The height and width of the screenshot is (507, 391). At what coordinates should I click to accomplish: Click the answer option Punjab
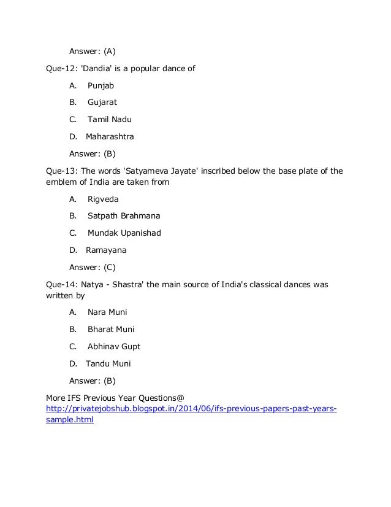click(101, 85)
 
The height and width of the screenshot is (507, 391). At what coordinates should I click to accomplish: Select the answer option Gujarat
click(102, 102)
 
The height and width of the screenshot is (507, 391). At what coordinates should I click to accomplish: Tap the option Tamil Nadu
click(109, 119)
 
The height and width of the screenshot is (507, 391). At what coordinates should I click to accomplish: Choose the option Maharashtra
click(110, 136)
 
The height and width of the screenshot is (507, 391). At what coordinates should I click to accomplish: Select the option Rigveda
click(103, 199)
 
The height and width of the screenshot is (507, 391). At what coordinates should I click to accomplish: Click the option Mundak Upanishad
click(124, 233)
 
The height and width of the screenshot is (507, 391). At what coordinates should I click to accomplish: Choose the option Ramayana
click(106, 250)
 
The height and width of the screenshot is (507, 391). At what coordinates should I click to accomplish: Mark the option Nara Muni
click(107, 312)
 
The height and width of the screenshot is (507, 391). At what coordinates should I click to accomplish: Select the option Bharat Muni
click(111, 329)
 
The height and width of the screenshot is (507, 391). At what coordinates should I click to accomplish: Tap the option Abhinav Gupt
click(114, 346)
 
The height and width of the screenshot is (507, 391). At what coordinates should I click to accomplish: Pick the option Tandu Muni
click(108, 363)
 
